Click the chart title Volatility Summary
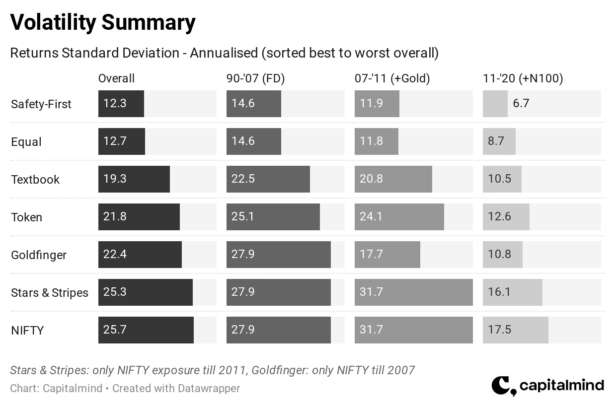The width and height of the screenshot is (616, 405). click(x=102, y=22)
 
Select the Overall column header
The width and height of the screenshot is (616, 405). click(x=116, y=78)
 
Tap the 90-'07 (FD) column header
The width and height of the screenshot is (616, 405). click(x=255, y=78)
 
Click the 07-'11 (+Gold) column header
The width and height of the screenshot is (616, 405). click(x=392, y=78)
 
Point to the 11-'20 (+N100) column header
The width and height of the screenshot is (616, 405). click(x=523, y=78)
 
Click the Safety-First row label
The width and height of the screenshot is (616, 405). click(x=41, y=104)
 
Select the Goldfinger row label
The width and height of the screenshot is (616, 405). click(x=39, y=255)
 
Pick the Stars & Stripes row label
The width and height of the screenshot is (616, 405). click(x=50, y=293)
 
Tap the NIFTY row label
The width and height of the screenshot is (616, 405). click(x=27, y=330)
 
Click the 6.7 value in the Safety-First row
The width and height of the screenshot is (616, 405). click(x=521, y=103)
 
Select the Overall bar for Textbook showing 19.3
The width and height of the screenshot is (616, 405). click(x=134, y=179)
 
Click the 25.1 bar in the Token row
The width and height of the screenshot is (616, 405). click(x=273, y=217)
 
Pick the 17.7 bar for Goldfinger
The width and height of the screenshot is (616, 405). click(x=387, y=255)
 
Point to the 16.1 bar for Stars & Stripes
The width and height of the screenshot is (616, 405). click(x=513, y=292)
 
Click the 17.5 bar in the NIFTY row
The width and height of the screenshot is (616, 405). click(x=516, y=330)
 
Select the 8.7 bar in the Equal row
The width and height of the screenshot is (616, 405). click(x=499, y=141)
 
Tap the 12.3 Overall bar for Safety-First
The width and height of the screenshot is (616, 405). click(x=121, y=104)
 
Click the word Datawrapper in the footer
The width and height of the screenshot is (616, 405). click(x=209, y=389)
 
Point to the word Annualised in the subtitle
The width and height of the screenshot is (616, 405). click(x=224, y=53)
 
